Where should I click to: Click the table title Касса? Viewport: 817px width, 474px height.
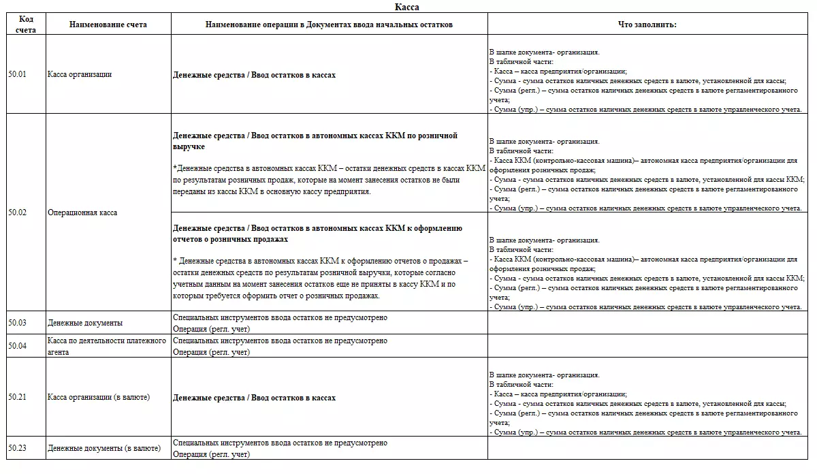[407, 7]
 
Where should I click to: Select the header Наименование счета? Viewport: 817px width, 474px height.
[108, 25]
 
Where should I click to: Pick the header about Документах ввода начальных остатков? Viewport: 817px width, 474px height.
[329, 25]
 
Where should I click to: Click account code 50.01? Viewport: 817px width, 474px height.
[18, 74]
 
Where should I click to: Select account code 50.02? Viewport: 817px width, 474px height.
[18, 212]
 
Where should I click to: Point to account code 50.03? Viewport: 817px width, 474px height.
[18, 322]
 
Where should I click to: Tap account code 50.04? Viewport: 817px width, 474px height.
[18, 345]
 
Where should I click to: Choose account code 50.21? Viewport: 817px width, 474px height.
[18, 396]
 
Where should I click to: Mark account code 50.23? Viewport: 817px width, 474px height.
[18, 447]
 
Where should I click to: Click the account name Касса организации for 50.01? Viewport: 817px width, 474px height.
[80, 74]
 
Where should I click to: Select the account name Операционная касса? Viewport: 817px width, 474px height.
[82, 212]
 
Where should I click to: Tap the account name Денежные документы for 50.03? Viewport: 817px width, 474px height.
[85, 323]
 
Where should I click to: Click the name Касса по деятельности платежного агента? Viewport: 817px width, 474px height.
[107, 345]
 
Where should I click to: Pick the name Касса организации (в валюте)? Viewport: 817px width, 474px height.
[99, 396]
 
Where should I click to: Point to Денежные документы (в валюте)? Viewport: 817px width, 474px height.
[104, 448]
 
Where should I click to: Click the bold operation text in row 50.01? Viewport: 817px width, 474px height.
[255, 75]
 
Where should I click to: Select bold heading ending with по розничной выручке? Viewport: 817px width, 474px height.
[315, 141]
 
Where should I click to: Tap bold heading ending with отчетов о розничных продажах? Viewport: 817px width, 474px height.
[317, 234]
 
